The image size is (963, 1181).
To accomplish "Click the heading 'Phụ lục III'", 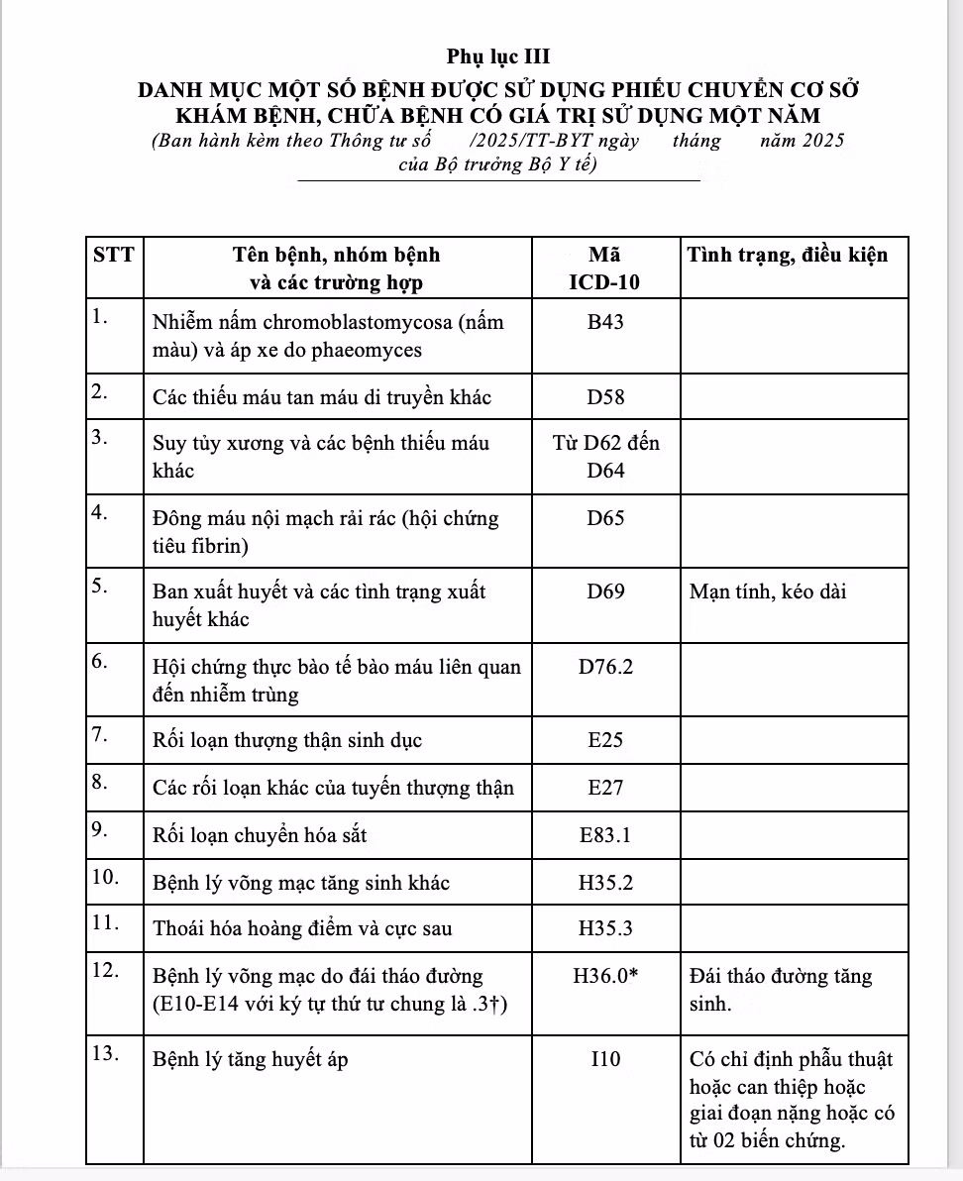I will coord(498,56).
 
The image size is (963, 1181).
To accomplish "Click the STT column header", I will coord(113,254).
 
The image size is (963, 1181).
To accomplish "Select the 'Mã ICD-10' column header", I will coord(605,268).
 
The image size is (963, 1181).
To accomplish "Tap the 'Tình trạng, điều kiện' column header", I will coord(794,254).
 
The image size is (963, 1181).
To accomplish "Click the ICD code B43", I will coord(605,323).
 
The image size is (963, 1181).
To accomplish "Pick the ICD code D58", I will coord(605,397).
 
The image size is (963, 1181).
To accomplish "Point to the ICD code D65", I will coord(605,518).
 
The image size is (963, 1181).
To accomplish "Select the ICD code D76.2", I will coord(605,667).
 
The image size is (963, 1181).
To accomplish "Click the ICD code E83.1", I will coord(605,835).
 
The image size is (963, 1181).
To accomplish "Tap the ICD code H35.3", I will coord(605,928).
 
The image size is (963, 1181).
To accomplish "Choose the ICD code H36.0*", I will coord(605,977).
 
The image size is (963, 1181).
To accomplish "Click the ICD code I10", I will coord(605,1060).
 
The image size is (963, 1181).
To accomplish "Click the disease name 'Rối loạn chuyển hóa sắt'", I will coord(260,835).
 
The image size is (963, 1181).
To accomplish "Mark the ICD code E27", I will coord(605,788).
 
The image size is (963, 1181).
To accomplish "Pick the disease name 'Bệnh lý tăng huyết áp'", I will coord(249,1060).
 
